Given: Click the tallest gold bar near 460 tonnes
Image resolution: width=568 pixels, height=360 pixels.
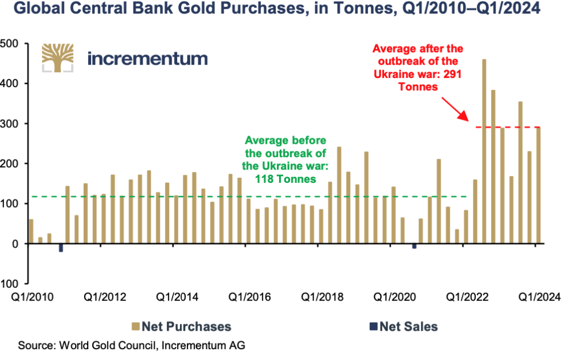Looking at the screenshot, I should pos(484,151).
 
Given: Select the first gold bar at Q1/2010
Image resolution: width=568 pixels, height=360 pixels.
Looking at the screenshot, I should pos(31,232).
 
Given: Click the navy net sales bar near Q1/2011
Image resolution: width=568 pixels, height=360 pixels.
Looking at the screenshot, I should pos(61,248).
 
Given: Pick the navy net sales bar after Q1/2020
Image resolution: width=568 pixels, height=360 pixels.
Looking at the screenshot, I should pos(414,246).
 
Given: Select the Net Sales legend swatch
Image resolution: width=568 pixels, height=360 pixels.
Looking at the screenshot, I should pos(374,327).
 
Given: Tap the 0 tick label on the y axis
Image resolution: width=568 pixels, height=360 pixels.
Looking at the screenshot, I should pos(15,244).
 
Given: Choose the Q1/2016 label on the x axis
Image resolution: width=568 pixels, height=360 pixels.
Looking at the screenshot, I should pos(249,297).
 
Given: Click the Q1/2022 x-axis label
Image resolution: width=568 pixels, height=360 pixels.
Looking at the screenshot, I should pos(467,297).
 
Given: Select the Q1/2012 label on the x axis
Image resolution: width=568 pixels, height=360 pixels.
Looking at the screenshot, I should pos(105,297).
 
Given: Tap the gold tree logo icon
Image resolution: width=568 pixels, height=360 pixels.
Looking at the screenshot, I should pos(58,58).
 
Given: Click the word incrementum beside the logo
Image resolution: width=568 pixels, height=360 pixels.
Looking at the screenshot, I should pos(147,58).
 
